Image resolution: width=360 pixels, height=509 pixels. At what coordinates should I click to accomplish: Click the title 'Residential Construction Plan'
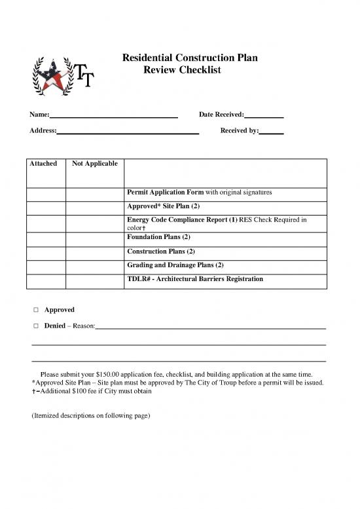[190, 58]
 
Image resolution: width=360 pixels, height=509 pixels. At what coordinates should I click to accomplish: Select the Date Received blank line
[263, 116]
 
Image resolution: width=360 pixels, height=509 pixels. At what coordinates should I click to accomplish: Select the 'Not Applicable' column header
[95, 163]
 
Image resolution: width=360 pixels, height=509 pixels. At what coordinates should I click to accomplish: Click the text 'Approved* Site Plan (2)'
[163, 206]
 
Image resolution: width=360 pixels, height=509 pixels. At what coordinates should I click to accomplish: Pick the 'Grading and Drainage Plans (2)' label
[175, 265]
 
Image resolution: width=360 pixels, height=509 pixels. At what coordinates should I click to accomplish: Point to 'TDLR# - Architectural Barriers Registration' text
[194, 279]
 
